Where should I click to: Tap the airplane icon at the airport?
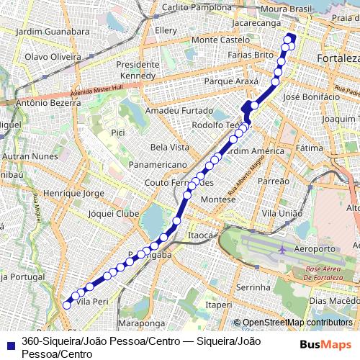point(282,249)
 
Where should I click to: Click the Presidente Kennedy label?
point(138,70)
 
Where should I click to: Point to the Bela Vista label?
point(169,147)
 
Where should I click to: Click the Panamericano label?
point(158,165)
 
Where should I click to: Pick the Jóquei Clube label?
point(112,213)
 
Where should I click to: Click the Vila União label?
point(282,213)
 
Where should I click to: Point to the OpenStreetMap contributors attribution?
point(297,323)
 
